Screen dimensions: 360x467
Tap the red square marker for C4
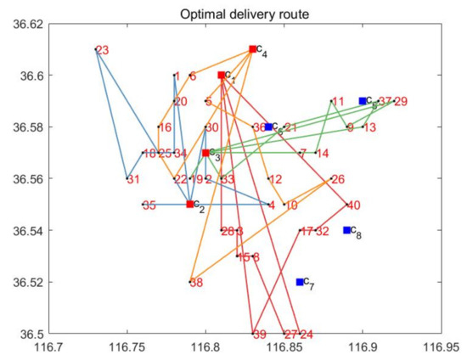253,49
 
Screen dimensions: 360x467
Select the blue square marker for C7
300,282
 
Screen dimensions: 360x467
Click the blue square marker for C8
346,230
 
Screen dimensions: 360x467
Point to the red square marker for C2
190,205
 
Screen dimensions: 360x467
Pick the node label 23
103,50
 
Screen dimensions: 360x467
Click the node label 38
196,283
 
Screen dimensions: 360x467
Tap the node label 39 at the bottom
260,335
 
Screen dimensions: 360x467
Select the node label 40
354,205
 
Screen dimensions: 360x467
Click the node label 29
401,102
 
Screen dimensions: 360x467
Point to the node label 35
149,205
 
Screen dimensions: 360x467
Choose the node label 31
133,180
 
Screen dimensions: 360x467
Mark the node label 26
338,179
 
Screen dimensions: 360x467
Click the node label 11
338,102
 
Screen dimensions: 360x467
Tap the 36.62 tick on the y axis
28,25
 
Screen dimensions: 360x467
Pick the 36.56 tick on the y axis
28,179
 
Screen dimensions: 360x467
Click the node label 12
275,179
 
